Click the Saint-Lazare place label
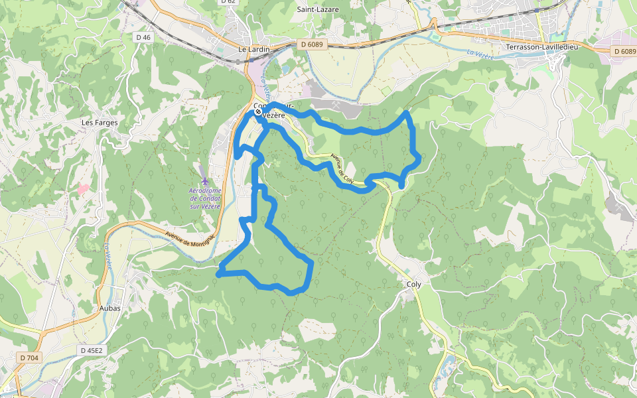click(x=318, y=9)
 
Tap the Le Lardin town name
click(x=253, y=49)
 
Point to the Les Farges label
click(x=99, y=123)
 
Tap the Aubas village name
click(x=109, y=308)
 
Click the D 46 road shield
click(x=143, y=37)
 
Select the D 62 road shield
click(x=228, y=1)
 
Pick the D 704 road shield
click(x=29, y=358)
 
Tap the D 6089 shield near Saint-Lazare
click(x=311, y=44)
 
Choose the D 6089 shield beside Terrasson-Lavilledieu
click(x=624, y=51)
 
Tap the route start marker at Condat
click(x=258, y=112)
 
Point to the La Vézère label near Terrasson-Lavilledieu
click(x=480, y=56)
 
